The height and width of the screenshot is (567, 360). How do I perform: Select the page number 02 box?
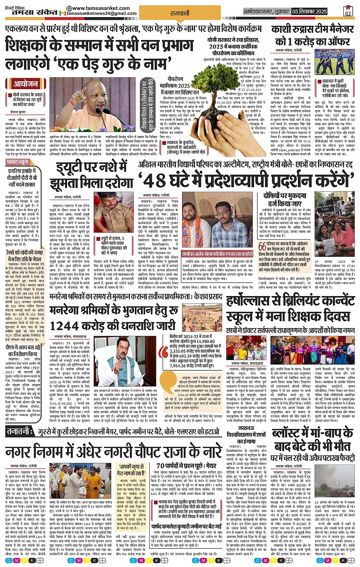(347, 12)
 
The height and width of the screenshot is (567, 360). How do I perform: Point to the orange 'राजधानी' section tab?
(180, 13)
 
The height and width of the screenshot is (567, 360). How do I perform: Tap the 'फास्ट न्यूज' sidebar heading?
(18, 162)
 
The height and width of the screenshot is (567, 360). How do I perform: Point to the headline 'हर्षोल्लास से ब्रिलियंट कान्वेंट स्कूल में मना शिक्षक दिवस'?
(290, 310)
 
